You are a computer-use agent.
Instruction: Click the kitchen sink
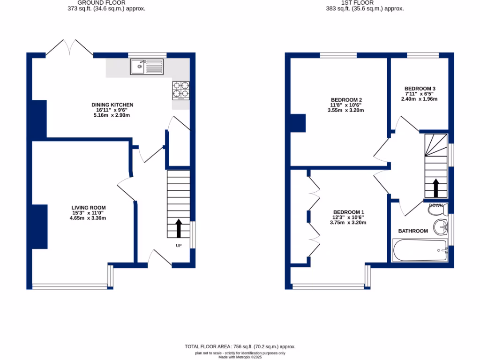tap(147, 67)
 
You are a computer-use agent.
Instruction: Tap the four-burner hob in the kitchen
tap(181, 90)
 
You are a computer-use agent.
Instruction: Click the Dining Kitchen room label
tap(112, 105)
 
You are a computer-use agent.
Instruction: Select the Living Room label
tap(89, 208)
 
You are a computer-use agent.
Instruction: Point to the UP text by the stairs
tap(179, 246)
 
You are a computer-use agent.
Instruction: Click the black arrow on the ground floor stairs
tap(179, 228)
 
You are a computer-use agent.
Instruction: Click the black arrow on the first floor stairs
tap(435, 188)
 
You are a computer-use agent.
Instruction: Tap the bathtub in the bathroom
tap(420, 251)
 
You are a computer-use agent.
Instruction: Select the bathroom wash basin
tap(441, 227)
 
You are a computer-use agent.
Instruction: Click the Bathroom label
tap(413, 231)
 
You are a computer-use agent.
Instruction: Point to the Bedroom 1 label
tap(348, 212)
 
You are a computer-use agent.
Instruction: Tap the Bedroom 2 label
tap(346, 100)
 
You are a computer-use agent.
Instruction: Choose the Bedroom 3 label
tap(420, 89)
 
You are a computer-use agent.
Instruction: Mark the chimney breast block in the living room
tap(40, 227)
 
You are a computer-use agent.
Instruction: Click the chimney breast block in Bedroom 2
tap(298, 123)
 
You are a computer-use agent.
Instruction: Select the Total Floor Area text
tap(240, 347)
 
